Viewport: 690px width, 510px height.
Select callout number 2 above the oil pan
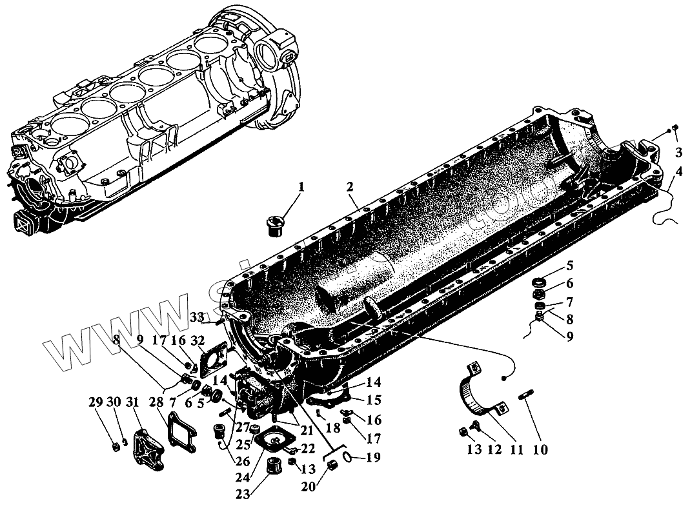point(350,188)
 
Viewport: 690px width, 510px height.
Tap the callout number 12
point(494,449)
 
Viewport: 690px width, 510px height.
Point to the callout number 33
point(197,316)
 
